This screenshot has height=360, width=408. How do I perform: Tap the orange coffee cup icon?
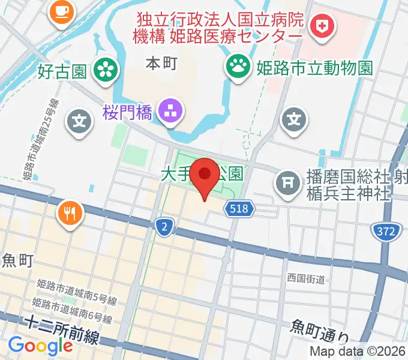(60, 10)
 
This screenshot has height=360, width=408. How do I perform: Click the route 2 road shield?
(163, 227)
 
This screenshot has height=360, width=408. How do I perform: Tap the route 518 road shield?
(241, 209)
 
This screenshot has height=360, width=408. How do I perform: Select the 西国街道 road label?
(305, 279)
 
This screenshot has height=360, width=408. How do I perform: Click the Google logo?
(40, 346)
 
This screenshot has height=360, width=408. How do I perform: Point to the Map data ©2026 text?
(358, 352)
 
